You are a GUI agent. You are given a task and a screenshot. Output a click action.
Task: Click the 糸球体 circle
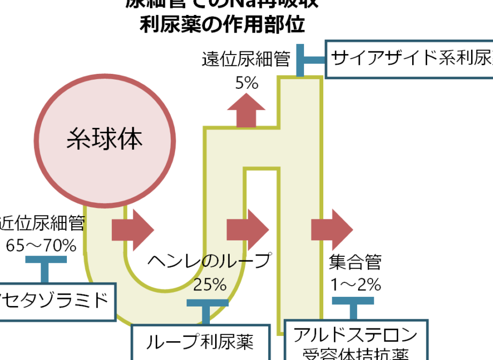coord(105,139)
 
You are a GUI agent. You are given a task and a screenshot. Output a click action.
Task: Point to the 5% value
coord(246,83)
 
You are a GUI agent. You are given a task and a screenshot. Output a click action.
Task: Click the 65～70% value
coord(41,246)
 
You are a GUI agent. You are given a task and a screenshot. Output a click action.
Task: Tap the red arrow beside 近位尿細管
coord(132,230)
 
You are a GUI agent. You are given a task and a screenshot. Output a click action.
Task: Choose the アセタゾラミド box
coord(56,302)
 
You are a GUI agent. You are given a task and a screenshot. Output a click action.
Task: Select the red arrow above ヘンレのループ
coord(247,230)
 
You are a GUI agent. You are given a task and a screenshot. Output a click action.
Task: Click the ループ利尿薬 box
coord(200,341)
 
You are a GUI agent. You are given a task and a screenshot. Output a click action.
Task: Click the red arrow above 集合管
coord(332,230)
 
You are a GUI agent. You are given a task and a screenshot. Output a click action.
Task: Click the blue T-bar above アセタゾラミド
coord(45,267)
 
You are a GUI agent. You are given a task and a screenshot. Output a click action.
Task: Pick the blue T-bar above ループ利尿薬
coord(207,310)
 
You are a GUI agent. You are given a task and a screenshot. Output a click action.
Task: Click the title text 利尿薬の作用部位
coord(222,25)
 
